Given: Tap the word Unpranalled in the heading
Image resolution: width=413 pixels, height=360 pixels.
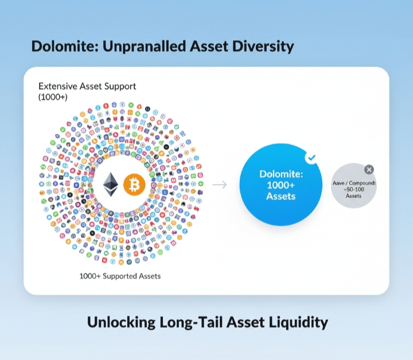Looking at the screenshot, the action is [143, 46].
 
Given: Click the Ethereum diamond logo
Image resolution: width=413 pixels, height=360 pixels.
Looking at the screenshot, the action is [111, 185].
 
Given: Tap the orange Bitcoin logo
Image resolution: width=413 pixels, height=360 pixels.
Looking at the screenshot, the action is [134, 185].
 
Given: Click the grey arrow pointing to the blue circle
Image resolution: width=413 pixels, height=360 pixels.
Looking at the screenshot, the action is [220, 185].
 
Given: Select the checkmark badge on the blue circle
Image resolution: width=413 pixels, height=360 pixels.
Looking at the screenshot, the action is [311, 158].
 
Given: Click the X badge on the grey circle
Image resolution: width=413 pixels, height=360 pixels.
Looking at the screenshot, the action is [369, 170].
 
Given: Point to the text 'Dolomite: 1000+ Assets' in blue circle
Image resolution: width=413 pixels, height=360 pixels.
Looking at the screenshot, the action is [281, 185].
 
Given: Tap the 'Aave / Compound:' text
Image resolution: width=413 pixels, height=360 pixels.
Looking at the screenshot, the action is [354, 183].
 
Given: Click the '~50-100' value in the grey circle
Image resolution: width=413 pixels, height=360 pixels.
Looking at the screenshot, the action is [354, 190].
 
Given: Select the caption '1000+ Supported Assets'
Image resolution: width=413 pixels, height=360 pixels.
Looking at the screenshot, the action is [120, 276].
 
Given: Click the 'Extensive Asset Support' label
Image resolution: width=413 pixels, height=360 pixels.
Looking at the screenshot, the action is [87, 87].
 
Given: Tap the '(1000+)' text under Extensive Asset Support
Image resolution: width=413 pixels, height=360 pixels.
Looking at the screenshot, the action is [53, 97].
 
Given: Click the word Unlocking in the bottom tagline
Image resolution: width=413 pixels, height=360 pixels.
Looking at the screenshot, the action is [121, 323].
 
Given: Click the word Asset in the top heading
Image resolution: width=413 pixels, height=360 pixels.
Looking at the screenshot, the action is [209, 46].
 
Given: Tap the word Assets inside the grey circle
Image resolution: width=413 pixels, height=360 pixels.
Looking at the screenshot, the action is [353, 196].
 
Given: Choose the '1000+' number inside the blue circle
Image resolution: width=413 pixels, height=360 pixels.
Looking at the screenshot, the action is [280, 185].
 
